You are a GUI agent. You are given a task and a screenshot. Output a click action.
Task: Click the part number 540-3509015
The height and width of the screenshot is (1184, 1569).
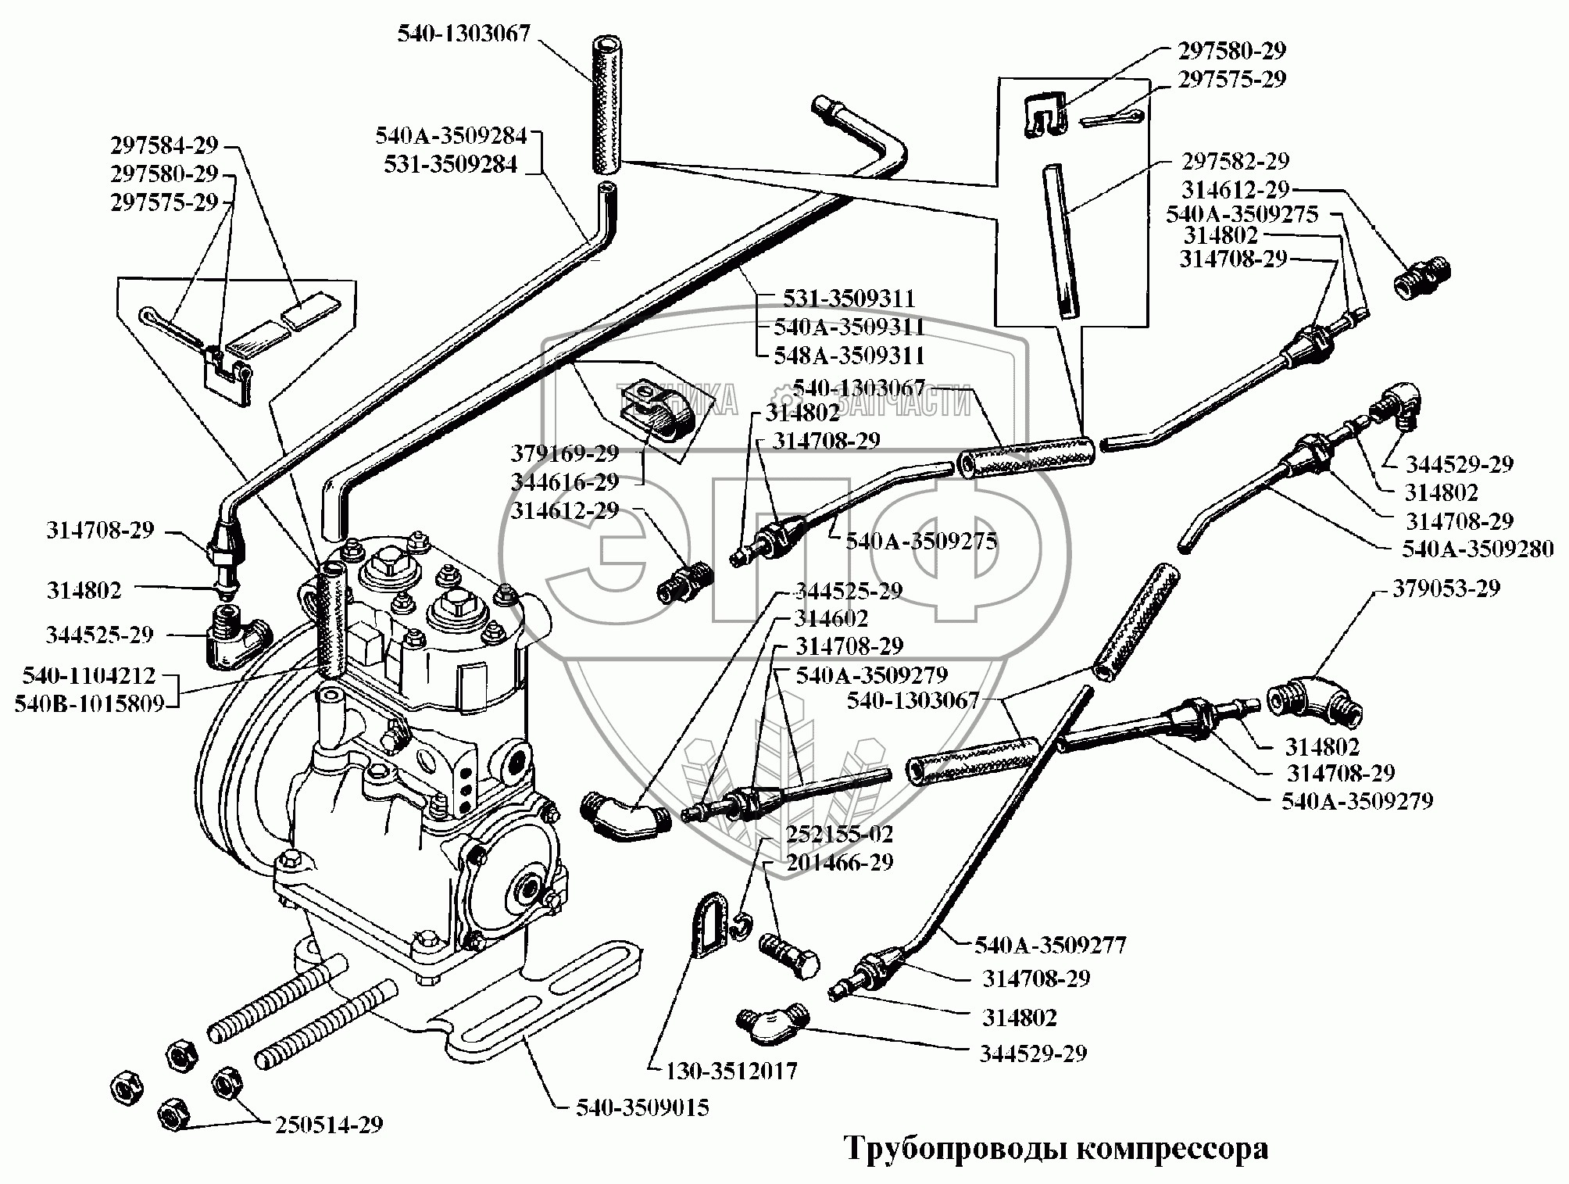click(642, 1108)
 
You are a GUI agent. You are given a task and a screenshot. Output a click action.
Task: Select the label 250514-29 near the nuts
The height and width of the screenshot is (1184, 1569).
click(329, 1125)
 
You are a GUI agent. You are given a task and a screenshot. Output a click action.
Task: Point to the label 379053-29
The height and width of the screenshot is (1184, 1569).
click(1446, 588)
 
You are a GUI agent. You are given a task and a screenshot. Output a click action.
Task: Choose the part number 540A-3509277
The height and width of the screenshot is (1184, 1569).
click(1049, 946)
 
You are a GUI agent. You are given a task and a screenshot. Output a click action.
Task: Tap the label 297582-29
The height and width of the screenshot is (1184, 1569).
click(1234, 161)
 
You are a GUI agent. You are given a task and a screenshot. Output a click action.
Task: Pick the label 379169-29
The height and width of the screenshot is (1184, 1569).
click(565, 453)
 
